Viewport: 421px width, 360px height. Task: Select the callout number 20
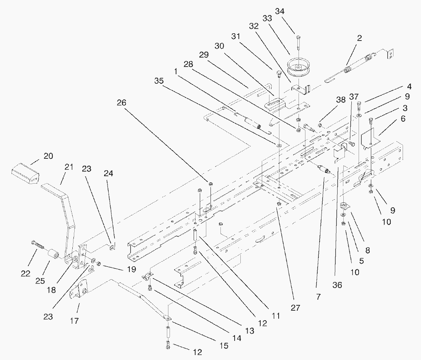tap(48, 156)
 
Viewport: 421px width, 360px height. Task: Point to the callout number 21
tap(69, 167)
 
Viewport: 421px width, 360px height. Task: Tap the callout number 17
tap(74, 321)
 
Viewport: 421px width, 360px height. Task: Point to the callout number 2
tap(359, 38)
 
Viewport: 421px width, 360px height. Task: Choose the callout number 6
tap(403, 119)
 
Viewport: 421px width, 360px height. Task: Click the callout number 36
tap(337, 285)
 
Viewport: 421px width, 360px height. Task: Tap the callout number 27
tap(295, 307)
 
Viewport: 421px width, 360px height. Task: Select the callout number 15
tap(224, 345)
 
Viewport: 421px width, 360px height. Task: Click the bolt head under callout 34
tap(298, 37)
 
